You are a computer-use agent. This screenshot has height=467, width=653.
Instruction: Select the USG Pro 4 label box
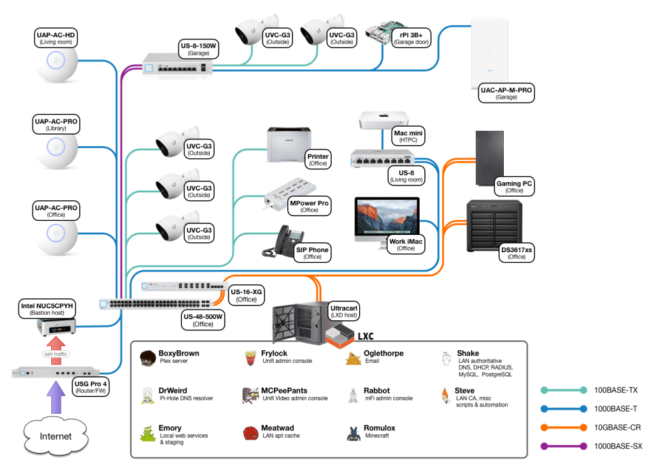90,388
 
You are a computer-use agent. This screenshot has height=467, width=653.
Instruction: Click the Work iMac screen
386,217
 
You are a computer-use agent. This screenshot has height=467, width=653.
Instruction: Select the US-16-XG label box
246,296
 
